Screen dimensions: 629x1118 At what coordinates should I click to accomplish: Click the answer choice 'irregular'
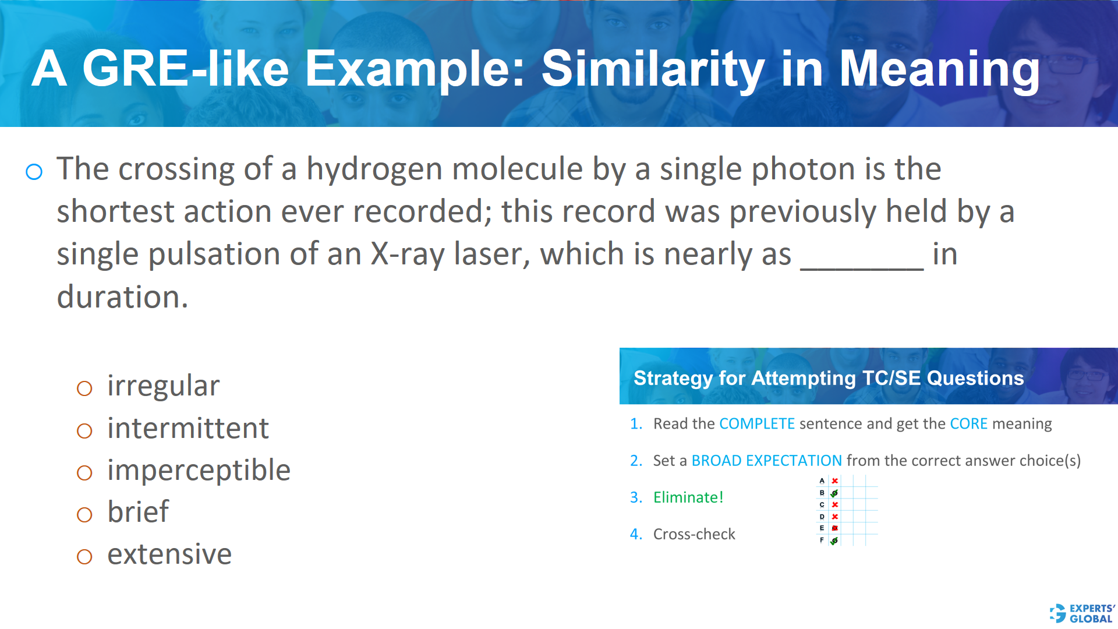tap(163, 386)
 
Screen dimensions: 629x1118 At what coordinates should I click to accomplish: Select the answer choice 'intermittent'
tap(187, 429)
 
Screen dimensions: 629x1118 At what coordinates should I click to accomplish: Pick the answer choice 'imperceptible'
tap(199, 471)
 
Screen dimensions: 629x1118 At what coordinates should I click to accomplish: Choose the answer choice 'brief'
tap(138, 513)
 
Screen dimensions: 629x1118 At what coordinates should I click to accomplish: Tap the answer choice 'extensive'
tap(169, 554)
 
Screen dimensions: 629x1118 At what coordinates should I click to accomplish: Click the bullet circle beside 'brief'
tap(84, 515)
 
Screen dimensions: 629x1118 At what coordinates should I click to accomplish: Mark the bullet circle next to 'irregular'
tap(84, 388)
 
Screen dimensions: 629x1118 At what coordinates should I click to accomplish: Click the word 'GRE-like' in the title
tap(186, 69)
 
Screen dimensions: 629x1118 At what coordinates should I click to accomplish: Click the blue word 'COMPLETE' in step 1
tap(757, 424)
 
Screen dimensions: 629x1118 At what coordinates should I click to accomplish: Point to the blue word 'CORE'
tap(968, 424)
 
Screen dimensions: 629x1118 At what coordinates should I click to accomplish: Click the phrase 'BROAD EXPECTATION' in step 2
tap(766, 461)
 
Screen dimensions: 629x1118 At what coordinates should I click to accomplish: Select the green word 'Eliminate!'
tap(688, 497)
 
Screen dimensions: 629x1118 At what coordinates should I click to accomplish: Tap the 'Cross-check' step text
tap(694, 534)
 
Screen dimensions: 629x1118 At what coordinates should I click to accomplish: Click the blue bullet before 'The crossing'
tap(34, 172)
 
